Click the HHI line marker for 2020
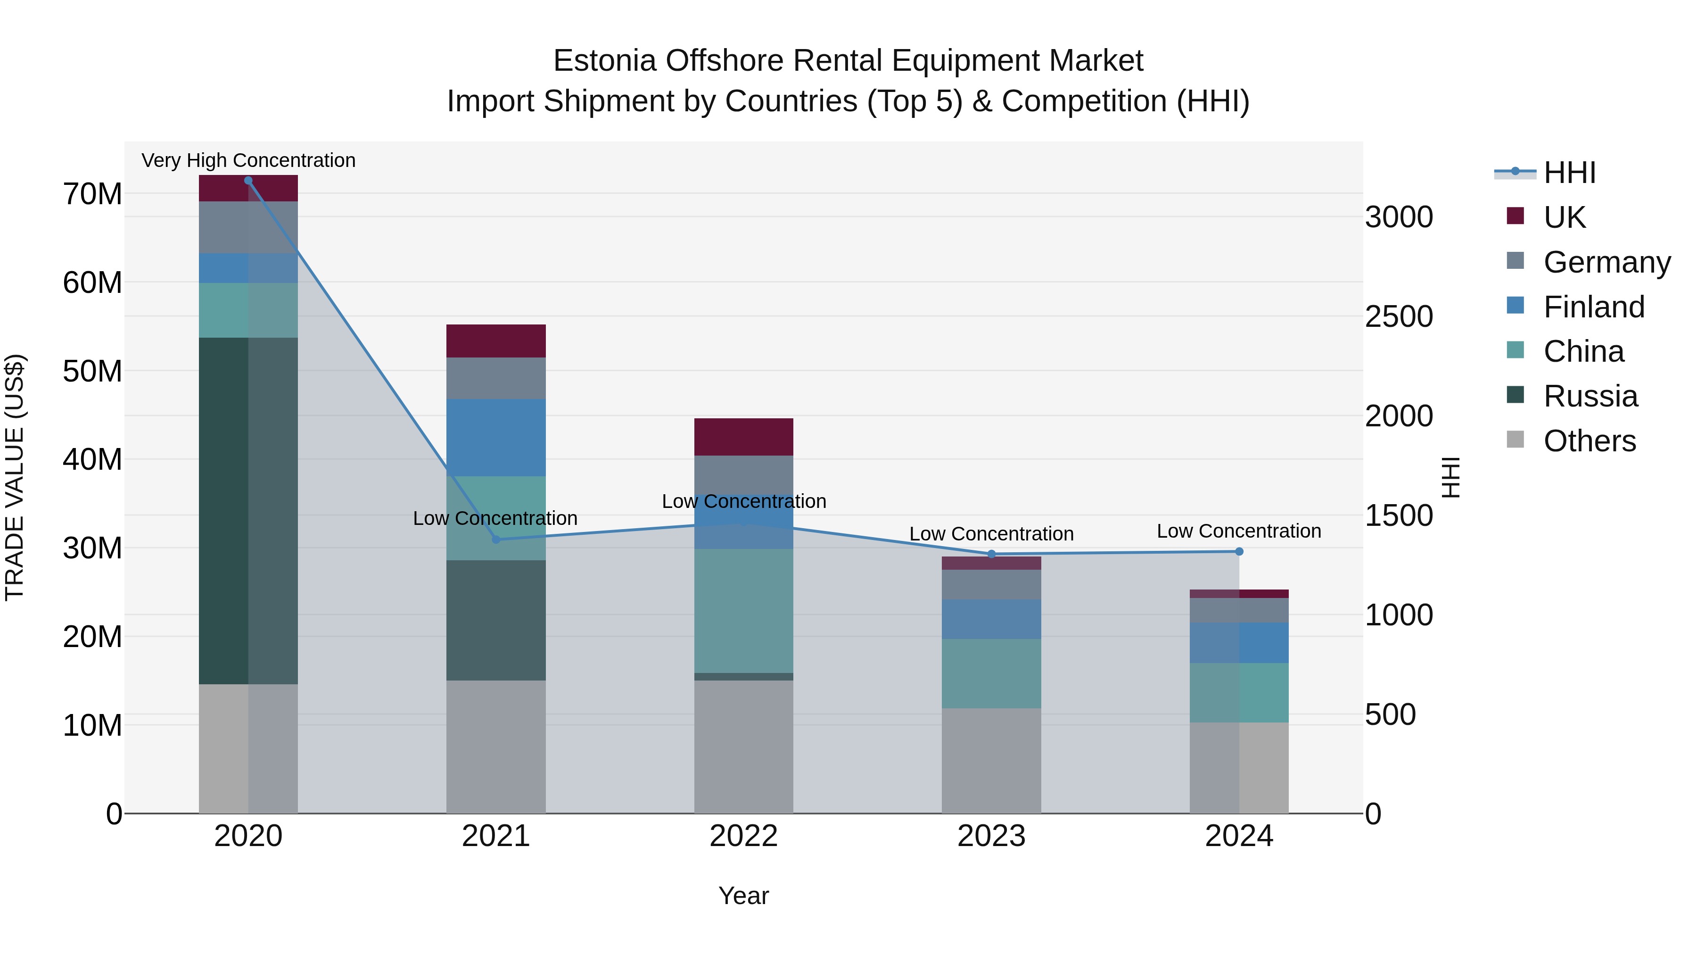point(248,181)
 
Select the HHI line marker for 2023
point(991,554)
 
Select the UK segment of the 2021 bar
point(496,341)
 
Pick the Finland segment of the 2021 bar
point(496,437)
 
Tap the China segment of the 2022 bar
point(744,610)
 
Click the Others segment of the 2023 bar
point(991,761)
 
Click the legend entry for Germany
point(1607,262)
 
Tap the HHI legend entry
point(1569,173)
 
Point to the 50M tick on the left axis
point(92,372)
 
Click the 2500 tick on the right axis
point(1399,317)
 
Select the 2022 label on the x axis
point(744,836)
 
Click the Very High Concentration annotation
point(248,160)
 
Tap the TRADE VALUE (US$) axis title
point(15,477)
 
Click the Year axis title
point(744,896)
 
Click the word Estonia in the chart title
point(604,61)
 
